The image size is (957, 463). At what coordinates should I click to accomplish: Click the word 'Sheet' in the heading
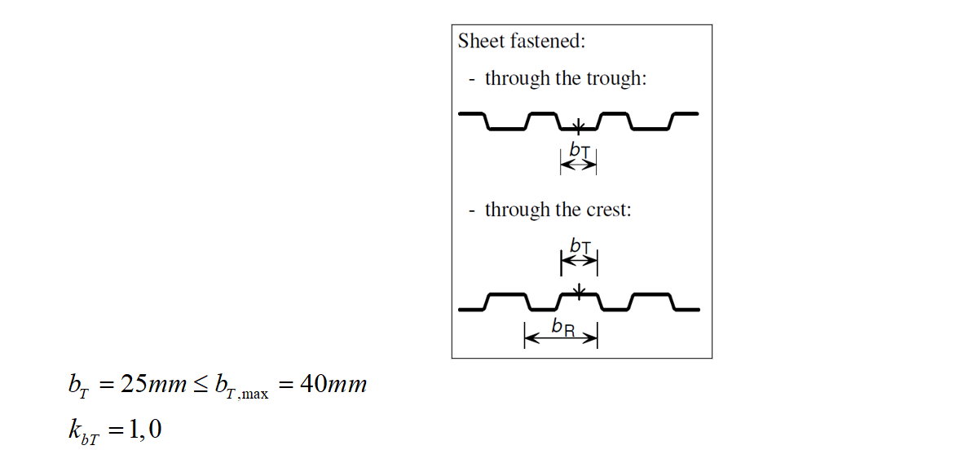478,41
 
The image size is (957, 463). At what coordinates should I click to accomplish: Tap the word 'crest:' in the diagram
609,209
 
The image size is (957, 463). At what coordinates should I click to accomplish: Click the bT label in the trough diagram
580,150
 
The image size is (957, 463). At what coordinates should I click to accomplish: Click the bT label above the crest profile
580,246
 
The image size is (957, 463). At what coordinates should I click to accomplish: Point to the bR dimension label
562,327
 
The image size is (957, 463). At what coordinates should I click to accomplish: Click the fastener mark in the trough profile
578,126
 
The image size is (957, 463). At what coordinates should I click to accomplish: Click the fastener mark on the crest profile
579,290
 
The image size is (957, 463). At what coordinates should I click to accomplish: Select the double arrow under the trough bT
579,165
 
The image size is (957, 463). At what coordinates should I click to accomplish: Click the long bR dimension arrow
561,337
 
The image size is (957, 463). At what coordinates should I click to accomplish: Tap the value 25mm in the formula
154,385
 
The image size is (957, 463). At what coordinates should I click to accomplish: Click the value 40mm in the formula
333,385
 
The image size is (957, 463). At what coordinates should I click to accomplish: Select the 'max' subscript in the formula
254,395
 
